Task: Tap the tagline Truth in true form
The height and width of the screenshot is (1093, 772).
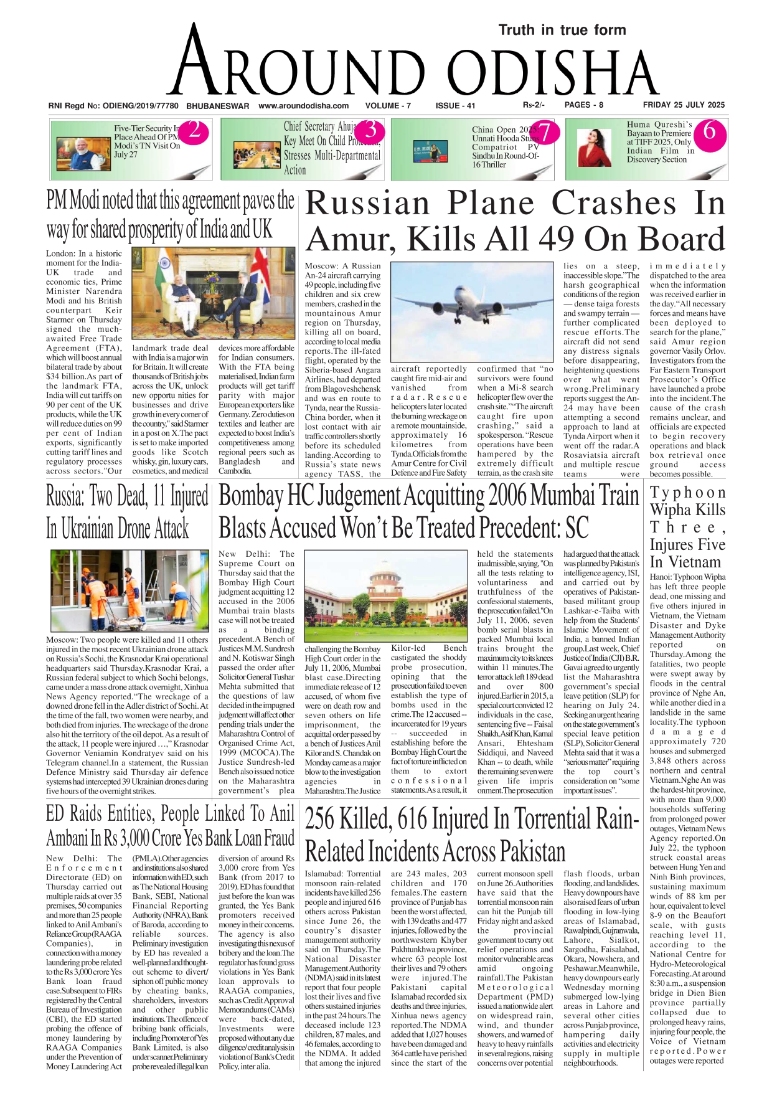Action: point(562,30)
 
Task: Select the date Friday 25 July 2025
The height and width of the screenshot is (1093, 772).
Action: point(684,105)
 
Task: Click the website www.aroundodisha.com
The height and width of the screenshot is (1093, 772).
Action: point(303,106)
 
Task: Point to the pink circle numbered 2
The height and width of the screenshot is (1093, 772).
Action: point(194,131)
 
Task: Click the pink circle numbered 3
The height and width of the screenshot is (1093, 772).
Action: point(370,131)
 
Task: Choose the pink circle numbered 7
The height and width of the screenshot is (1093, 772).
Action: point(544,133)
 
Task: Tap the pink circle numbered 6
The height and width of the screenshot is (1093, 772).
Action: point(708,133)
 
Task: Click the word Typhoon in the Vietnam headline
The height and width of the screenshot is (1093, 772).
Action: point(687,493)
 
